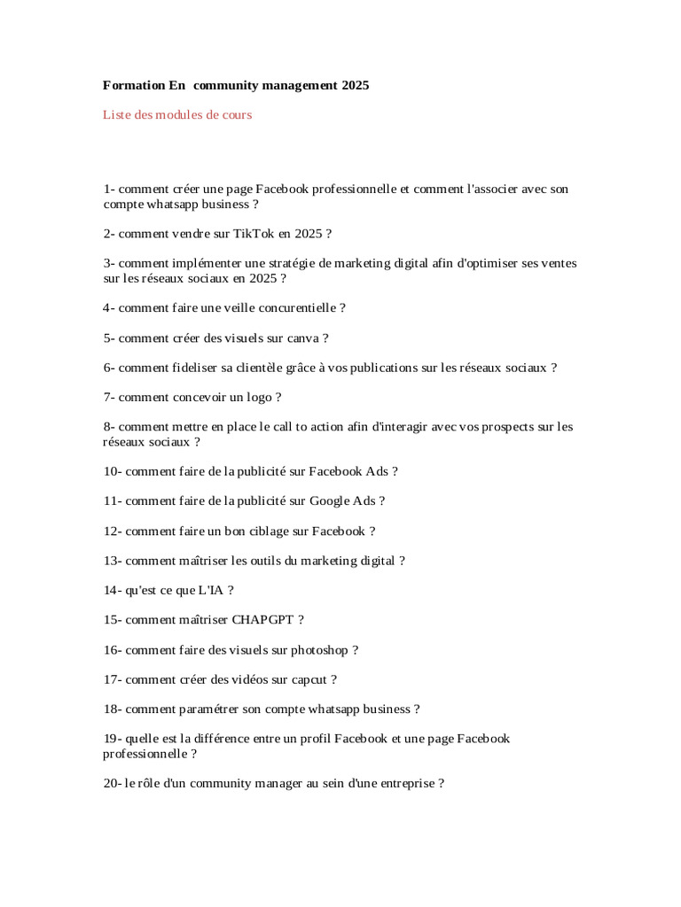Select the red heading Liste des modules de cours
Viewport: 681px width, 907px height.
click(177, 115)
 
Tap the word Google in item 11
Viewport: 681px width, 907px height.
click(329, 501)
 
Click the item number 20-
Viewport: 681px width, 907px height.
click(112, 784)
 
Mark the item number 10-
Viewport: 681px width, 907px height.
click(112, 471)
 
